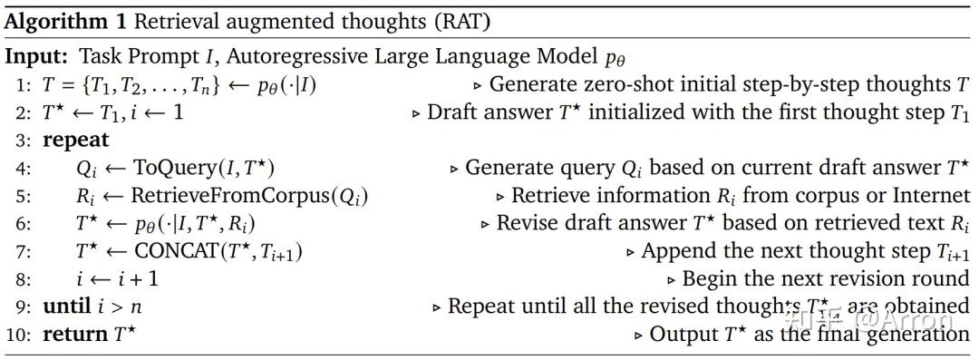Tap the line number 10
tap(18, 335)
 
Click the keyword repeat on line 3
tap(76, 140)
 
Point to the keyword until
tap(67, 306)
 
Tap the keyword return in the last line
tap(75, 335)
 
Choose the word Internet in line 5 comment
tap(932, 196)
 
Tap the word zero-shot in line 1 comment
tap(617, 85)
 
